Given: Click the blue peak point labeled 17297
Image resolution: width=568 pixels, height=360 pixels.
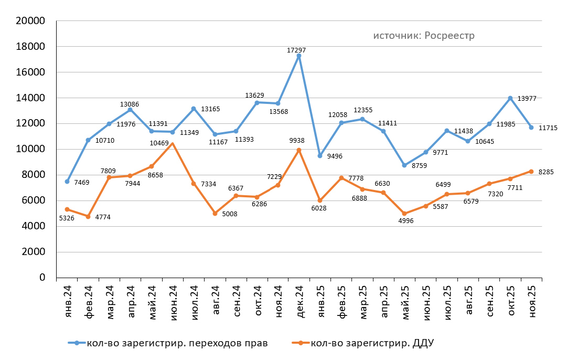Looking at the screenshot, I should coord(299,56).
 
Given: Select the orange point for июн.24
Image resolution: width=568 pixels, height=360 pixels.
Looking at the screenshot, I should coord(173,143).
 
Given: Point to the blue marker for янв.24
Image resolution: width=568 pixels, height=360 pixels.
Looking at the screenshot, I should coord(67,182).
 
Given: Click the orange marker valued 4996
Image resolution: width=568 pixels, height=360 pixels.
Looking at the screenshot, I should coord(404,214).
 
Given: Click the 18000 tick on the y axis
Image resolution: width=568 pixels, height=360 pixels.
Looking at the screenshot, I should coord(33,47).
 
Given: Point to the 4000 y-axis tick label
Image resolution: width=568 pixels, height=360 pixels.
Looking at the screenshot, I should coord(35,226).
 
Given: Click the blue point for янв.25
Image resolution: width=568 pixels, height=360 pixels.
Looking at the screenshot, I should coord(320,156).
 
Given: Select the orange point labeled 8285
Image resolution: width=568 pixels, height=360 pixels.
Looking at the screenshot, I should coord(531,172).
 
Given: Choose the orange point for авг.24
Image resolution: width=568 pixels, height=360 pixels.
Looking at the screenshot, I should coord(215,214).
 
